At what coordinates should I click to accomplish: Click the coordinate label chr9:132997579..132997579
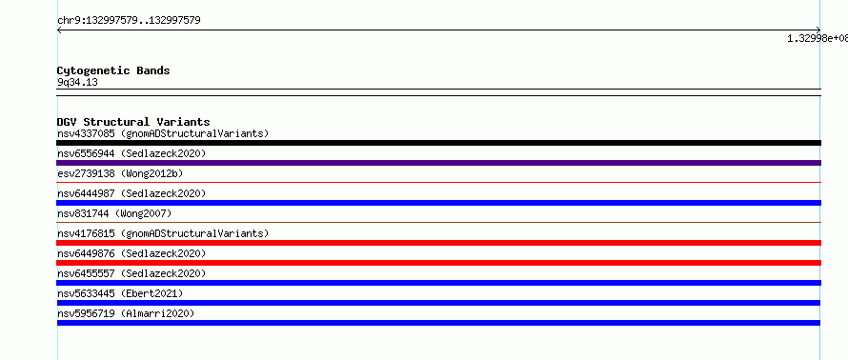tap(130, 21)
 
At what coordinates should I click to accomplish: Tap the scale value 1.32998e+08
tap(818, 38)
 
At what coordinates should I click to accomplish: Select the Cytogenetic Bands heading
tap(113, 70)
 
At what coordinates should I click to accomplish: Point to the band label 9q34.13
tap(77, 83)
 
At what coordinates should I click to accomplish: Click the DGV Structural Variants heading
tap(133, 122)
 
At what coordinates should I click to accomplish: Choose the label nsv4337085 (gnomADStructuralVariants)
tap(163, 133)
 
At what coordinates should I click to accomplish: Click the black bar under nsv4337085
tap(438, 143)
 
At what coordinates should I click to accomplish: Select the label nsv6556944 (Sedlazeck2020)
tap(131, 153)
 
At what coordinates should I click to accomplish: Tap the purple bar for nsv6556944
tap(438, 163)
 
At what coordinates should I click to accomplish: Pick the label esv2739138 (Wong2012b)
tap(120, 173)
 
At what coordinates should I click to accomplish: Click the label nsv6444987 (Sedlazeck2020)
tap(131, 193)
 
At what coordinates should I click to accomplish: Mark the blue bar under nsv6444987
tap(438, 203)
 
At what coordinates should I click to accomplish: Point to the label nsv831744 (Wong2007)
tap(114, 213)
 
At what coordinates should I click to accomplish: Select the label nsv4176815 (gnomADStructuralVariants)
tap(163, 233)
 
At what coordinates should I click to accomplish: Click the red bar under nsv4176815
tap(438, 243)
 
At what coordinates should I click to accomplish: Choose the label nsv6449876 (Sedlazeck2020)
tap(131, 253)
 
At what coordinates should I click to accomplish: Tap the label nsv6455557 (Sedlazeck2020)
tap(131, 273)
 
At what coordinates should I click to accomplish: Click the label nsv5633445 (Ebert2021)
tap(120, 293)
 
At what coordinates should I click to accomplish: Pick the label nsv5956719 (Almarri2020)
tap(126, 313)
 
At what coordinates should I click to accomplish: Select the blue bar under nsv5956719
tap(438, 323)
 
